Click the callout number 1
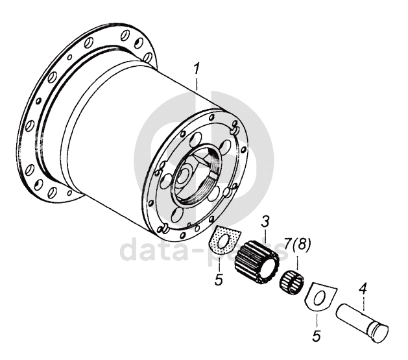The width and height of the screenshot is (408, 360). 197,68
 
